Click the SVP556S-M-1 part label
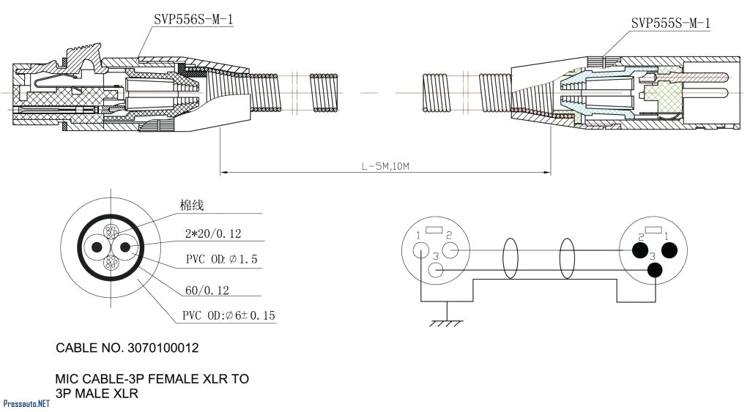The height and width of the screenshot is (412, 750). [193, 20]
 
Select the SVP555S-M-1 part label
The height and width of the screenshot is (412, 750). [670, 23]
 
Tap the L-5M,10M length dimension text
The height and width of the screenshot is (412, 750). [385, 166]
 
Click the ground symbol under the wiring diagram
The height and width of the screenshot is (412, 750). [446, 319]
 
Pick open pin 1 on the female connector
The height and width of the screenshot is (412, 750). [420, 251]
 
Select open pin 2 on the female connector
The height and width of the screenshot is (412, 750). [450, 251]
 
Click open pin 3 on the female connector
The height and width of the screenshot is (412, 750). [435, 271]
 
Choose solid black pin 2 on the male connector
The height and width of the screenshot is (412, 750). [639, 251]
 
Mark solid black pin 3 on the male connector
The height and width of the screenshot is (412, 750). [655, 271]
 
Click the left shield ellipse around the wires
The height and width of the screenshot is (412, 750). [510, 261]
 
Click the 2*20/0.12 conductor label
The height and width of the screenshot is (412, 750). [213, 234]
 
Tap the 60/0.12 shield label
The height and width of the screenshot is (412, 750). [207, 291]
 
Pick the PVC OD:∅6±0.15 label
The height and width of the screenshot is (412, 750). [229, 316]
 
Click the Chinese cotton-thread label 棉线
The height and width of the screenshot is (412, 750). [192, 206]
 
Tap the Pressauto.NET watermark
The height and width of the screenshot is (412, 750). [26, 403]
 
